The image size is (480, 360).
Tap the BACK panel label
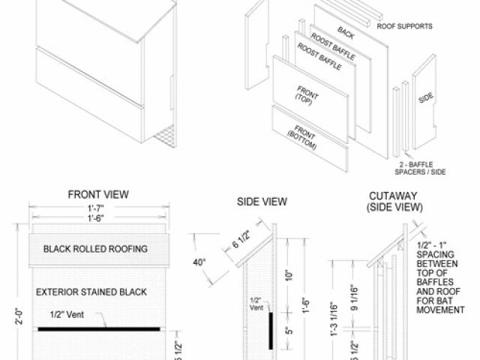pyautogui.click(x=346, y=32)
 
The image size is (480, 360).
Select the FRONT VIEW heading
pyautogui.click(x=97, y=194)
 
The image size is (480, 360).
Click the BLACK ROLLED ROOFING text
pyautogui.click(x=95, y=248)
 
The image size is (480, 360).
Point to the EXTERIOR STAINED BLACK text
pyautogui.click(x=94, y=291)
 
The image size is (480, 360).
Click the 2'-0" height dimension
pyautogui.click(x=20, y=315)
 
